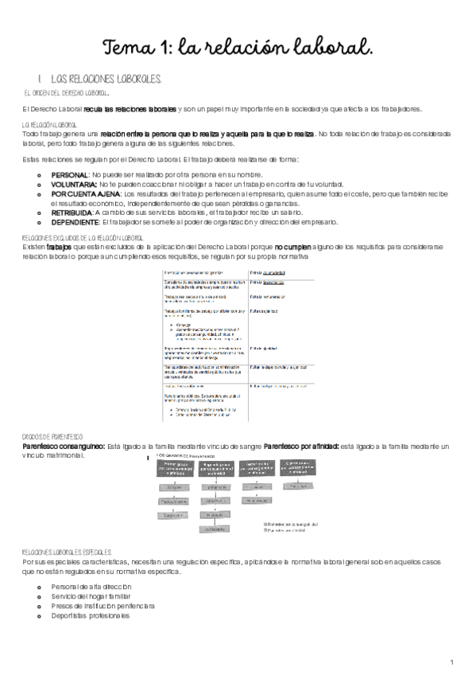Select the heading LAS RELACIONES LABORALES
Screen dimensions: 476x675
point(106,80)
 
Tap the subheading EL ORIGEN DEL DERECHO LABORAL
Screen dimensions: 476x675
point(73,93)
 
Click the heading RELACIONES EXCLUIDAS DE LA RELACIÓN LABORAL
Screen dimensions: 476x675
point(83,238)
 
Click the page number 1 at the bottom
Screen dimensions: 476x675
point(451,662)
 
